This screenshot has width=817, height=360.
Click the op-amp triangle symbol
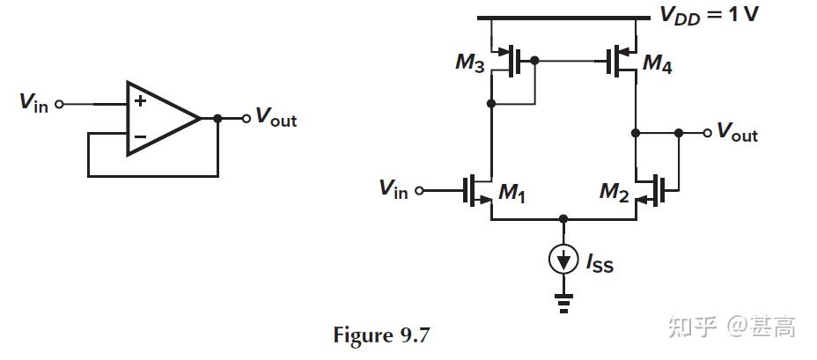pyautogui.click(x=158, y=118)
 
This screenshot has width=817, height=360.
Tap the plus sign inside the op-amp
pyautogui.click(x=139, y=101)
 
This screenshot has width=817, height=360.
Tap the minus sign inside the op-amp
pyautogui.click(x=139, y=136)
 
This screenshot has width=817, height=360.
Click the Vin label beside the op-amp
pyautogui.click(x=34, y=103)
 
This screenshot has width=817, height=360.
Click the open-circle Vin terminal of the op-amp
pyautogui.click(x=60, y=103)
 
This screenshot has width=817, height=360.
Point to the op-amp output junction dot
pyautogui.click(x=217, y=118)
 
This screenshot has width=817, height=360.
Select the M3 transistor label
pyautogui.click(x=470, y=62)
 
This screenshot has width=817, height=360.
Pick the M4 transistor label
pyautogui.click(x=657, y=63)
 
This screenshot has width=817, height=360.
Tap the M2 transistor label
pyautogui.click(x=614, y=193)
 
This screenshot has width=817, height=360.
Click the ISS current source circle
pyautogui.click(x=563, y=259)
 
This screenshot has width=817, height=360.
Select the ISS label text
pyautogui.click(x=599, y=261)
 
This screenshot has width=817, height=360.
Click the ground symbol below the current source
pyautogui.click(x=563, y=305)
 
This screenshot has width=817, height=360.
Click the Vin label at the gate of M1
pyautogui.click(x=394, y=188)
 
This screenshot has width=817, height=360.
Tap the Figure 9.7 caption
pyautogui.click(x=383, y=335)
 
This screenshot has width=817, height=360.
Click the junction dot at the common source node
pyautogui.click(x=563, y=218)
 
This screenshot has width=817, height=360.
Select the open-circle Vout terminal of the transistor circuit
pyautogui.click(x=706, y=133)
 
